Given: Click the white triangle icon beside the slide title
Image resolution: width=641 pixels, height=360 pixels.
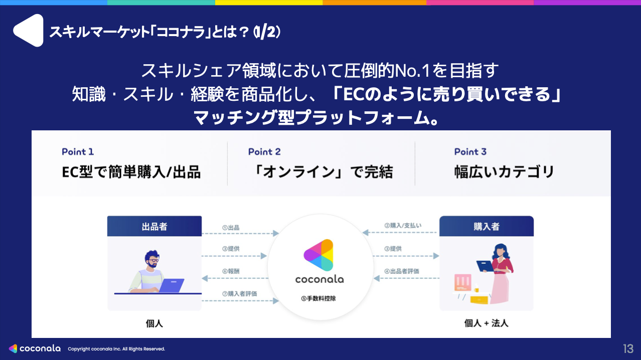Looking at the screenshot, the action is [29, 31].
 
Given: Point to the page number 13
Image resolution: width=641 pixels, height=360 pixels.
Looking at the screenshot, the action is [628, 349].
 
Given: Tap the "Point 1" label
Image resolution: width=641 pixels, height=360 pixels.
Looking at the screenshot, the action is [78, 151].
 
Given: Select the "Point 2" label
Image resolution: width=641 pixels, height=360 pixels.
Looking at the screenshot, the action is [264, 151].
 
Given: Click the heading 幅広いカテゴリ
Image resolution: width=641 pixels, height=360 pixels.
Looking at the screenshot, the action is [504, 172].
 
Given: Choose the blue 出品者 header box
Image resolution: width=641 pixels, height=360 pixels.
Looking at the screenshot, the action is [154, 226].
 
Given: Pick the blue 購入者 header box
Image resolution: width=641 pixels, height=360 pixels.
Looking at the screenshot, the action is [486, 226].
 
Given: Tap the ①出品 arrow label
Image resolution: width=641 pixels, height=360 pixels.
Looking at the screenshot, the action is [231, 228].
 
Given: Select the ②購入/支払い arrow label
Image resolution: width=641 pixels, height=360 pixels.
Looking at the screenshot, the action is [403, 226].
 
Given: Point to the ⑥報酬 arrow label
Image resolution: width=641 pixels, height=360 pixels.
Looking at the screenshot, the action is [231, 271].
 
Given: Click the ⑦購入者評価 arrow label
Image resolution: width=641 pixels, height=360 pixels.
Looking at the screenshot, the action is [240, 293].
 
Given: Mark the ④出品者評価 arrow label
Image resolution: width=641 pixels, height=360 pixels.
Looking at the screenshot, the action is [402, 271].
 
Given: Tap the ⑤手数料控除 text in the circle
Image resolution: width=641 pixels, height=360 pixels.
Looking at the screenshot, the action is [318, 298].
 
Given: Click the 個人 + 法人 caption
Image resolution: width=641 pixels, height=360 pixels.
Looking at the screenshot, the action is [486, 323].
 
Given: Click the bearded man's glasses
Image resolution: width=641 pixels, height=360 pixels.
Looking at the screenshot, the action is [153, 260].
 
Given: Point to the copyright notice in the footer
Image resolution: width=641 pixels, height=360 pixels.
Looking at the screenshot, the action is [116, 349].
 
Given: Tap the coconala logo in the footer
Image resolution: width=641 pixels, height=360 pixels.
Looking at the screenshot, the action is [35, 348].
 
